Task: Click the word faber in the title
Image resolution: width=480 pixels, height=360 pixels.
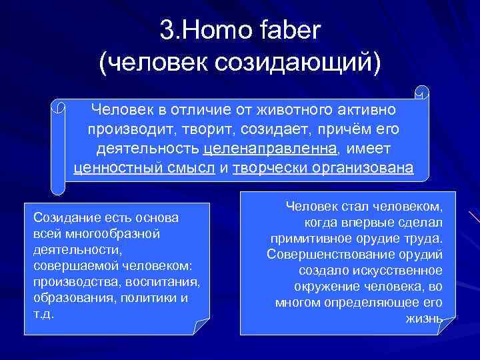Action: point(285,29)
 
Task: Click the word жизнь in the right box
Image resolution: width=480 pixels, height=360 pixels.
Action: point(423,318)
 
